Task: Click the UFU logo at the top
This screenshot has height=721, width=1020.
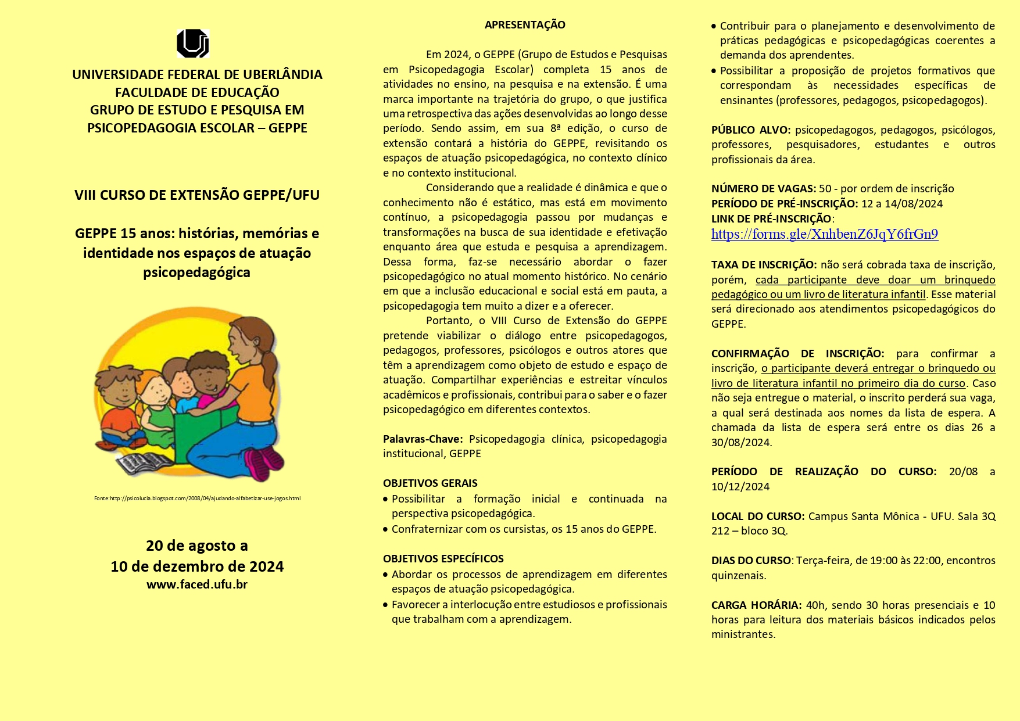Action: pyautogui.click(x=192, y=44)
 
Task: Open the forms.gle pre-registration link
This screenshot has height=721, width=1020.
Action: pyautogui.click(x=824, y=234)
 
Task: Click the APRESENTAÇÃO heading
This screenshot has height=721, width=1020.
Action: pyautogui.click(x=525, y=25)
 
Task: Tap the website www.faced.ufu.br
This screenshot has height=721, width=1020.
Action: pyautogui.click(x=197, y=584)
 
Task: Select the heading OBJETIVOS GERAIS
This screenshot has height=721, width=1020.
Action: pyautogui.click(x=430, y=483)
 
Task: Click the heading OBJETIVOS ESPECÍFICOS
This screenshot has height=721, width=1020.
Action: pyautogui.click(x=443, y=558)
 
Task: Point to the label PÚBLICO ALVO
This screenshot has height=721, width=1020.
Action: pyautogui.click(x=750, y=130)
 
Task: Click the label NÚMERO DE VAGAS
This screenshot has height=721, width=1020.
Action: pyautogui.click(x=763, y=188)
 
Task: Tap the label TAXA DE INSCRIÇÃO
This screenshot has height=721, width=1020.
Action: pyautogui.click(x=764, y=265)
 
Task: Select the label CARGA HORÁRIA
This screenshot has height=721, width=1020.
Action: pyautogui.click(x=756, y=605)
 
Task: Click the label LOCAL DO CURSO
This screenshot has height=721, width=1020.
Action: pyautogui.click(x=757, y=516)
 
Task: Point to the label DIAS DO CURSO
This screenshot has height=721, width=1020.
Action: pyautogui.click(x=751, y=561)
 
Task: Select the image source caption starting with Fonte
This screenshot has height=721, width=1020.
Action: pyautogui.click(x=197, y=498)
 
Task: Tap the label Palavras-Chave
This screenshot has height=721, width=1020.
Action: pyautogui.click(x=423, y=439)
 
